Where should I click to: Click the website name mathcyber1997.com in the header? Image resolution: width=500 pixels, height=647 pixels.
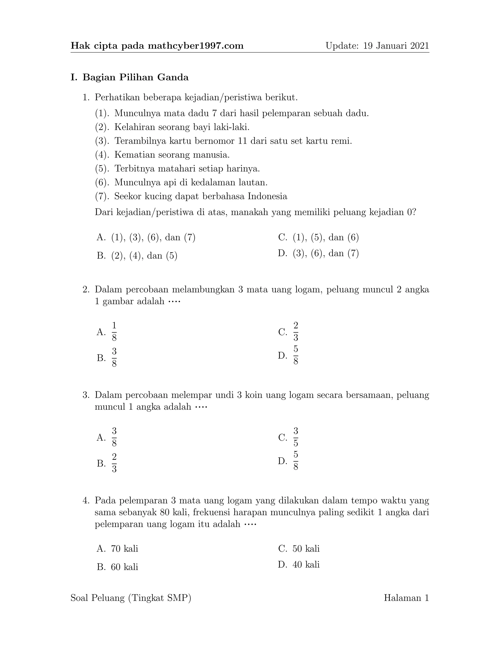(x=196, y=46)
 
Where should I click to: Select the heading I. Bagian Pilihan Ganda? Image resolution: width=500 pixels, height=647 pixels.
(x=129, y=78)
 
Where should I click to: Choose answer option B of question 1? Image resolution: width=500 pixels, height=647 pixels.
(x=137, y=256)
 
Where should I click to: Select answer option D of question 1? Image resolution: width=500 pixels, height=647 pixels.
(x=318, y=253)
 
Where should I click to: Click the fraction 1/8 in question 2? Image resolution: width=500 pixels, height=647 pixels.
(x=114, y=332)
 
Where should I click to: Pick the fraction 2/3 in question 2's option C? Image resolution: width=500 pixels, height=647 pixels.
(x=296, y=332)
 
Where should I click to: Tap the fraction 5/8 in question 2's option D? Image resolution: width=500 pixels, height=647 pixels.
(x=296, y=355)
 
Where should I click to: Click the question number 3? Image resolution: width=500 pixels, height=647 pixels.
(x=86, y=395)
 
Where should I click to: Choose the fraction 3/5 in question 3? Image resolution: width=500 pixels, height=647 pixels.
(x=296, y=437)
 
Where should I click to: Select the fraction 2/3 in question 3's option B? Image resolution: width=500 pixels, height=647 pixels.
(x=114, y=463)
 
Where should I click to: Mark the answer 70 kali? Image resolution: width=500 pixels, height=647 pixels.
(x=125, y=549)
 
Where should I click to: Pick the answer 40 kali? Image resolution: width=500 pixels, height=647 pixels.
(x=306, y=564)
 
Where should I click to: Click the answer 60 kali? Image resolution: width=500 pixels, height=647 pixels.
(x=125, y=567)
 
